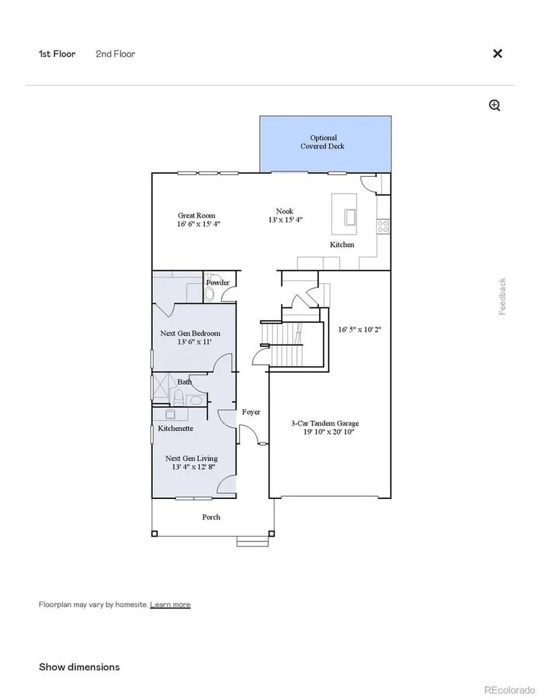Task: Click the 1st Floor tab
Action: pos(57,54)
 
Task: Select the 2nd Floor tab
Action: pos(115,54)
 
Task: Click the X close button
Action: pos(497,53)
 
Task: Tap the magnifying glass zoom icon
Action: pos(495,106)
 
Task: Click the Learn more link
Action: pos(170,604)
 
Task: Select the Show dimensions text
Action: pos(79,666)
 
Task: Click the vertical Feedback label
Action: pos(502,296)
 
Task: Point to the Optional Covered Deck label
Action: pos(323,142)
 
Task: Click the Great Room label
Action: pos(196,215)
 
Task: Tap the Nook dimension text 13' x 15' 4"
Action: pos(284,220)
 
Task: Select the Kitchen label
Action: pos(342,245)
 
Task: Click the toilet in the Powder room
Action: pos(210,294)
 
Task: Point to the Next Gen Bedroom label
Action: pos(190,333)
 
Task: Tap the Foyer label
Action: pos(251,412)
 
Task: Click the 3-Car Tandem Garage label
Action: pos(325,423)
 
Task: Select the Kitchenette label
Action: pos(175,428)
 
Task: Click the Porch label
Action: pos(211,517)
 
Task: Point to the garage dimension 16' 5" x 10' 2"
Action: pos(359,329)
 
